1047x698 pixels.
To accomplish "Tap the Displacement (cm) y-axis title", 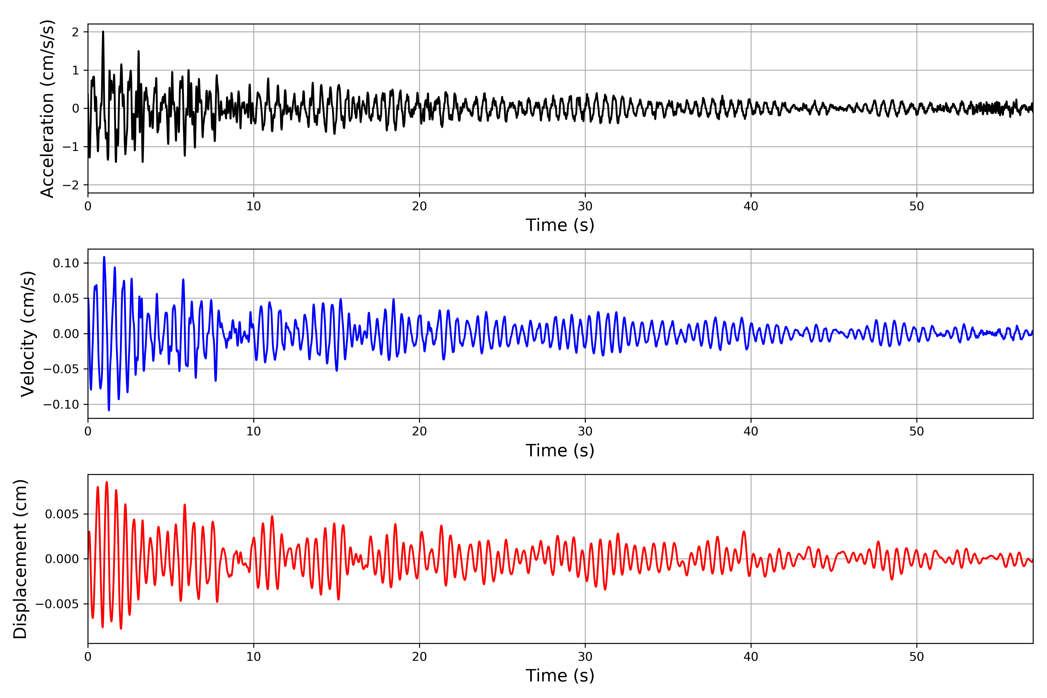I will [x=20, y=559].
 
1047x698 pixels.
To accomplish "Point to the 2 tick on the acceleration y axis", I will [x=75, y=32].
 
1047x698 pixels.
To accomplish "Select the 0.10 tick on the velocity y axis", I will [x=66, y=263].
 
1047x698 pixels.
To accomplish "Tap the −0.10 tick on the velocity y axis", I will [x=61, y=405].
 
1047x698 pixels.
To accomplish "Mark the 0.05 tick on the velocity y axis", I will [x=66, y=298].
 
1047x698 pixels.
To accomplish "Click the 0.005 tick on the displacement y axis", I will [x=61, y=514].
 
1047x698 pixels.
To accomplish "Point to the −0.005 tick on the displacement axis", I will [x=57, y=604].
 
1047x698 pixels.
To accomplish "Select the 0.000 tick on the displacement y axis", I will [x=61, y=559].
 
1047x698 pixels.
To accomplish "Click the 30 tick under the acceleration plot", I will [x=585, y=206].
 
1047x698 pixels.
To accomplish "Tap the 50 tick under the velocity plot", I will [x=916, y=431].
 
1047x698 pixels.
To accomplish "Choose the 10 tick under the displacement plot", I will [x=254, y=657].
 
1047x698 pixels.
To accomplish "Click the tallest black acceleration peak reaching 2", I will [x=103, y=32].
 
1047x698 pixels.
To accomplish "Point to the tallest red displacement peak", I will [x=106, y=482].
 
